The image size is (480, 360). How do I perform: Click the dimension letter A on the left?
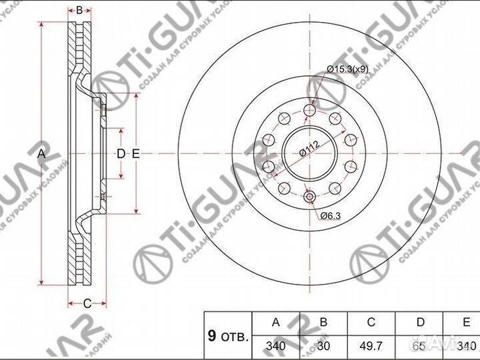click(x=41, y=154)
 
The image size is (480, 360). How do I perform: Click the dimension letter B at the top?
click(x=79, y=10)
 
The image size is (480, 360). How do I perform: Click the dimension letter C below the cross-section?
click(x=87, y=303)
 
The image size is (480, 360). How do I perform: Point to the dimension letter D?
click(x=121, y=154)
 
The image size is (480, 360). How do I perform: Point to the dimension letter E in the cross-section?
click(x=135, y=154)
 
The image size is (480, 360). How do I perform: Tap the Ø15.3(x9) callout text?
click(x=348, y=68)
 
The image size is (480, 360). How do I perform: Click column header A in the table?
click(x=275, y=322)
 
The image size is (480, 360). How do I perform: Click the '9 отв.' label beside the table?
click(x=227, y=336)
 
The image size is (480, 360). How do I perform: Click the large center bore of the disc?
click(x=308, y=153)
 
